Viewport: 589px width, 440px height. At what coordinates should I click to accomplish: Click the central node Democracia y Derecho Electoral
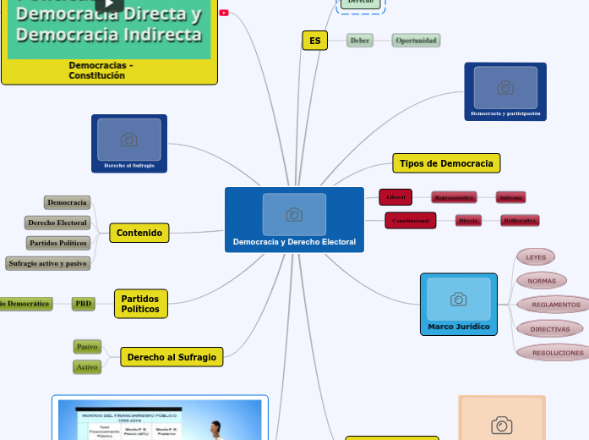point(294,242)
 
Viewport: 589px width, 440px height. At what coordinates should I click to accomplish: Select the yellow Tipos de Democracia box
point(446,162)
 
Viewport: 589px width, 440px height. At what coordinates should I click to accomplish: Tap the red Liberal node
point(395,197)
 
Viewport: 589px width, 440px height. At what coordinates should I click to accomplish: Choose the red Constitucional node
point(410,221)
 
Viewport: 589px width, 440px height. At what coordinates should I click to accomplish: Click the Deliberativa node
point(520,221)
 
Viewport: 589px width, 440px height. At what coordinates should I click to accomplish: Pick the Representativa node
point(454,197)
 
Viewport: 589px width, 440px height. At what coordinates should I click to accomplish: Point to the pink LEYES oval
point(536,256)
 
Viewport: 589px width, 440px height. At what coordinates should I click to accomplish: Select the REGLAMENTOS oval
point(555,304)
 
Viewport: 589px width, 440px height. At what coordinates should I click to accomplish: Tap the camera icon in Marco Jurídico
point(458,299)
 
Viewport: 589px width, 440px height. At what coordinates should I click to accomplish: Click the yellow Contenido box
point(139,233)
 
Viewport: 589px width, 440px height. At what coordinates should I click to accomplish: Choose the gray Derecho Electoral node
point(57,223)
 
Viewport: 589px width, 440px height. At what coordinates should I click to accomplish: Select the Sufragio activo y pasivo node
point(47,263)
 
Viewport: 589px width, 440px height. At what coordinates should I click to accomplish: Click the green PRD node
point(83,303)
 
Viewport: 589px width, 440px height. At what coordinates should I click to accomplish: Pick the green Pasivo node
point(87,346)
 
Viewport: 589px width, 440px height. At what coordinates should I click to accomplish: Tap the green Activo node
point(87,367)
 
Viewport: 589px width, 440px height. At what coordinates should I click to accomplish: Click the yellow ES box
point(314,41)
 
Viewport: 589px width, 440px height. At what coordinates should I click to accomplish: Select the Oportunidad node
point(416,41)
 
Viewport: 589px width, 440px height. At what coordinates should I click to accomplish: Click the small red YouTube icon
point(223,13)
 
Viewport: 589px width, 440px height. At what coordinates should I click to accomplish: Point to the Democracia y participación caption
point(505,113)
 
